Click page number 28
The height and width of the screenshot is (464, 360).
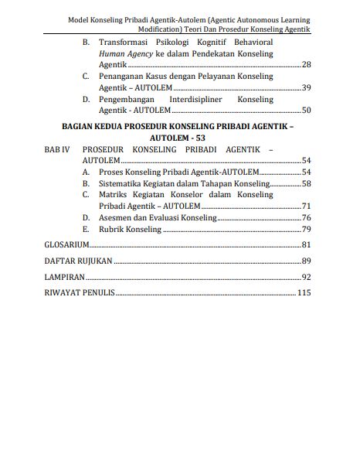(306, 64)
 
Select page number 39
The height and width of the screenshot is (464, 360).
(306, 87)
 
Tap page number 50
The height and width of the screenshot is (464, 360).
(306, 111)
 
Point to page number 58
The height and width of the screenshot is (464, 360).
(306, 183)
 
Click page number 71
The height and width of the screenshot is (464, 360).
(306, 206)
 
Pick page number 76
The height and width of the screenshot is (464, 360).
(306, 218)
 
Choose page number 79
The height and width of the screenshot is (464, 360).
(306, 230)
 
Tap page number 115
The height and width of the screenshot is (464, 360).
(304, 293)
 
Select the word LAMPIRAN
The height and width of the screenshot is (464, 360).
(63, 277)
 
